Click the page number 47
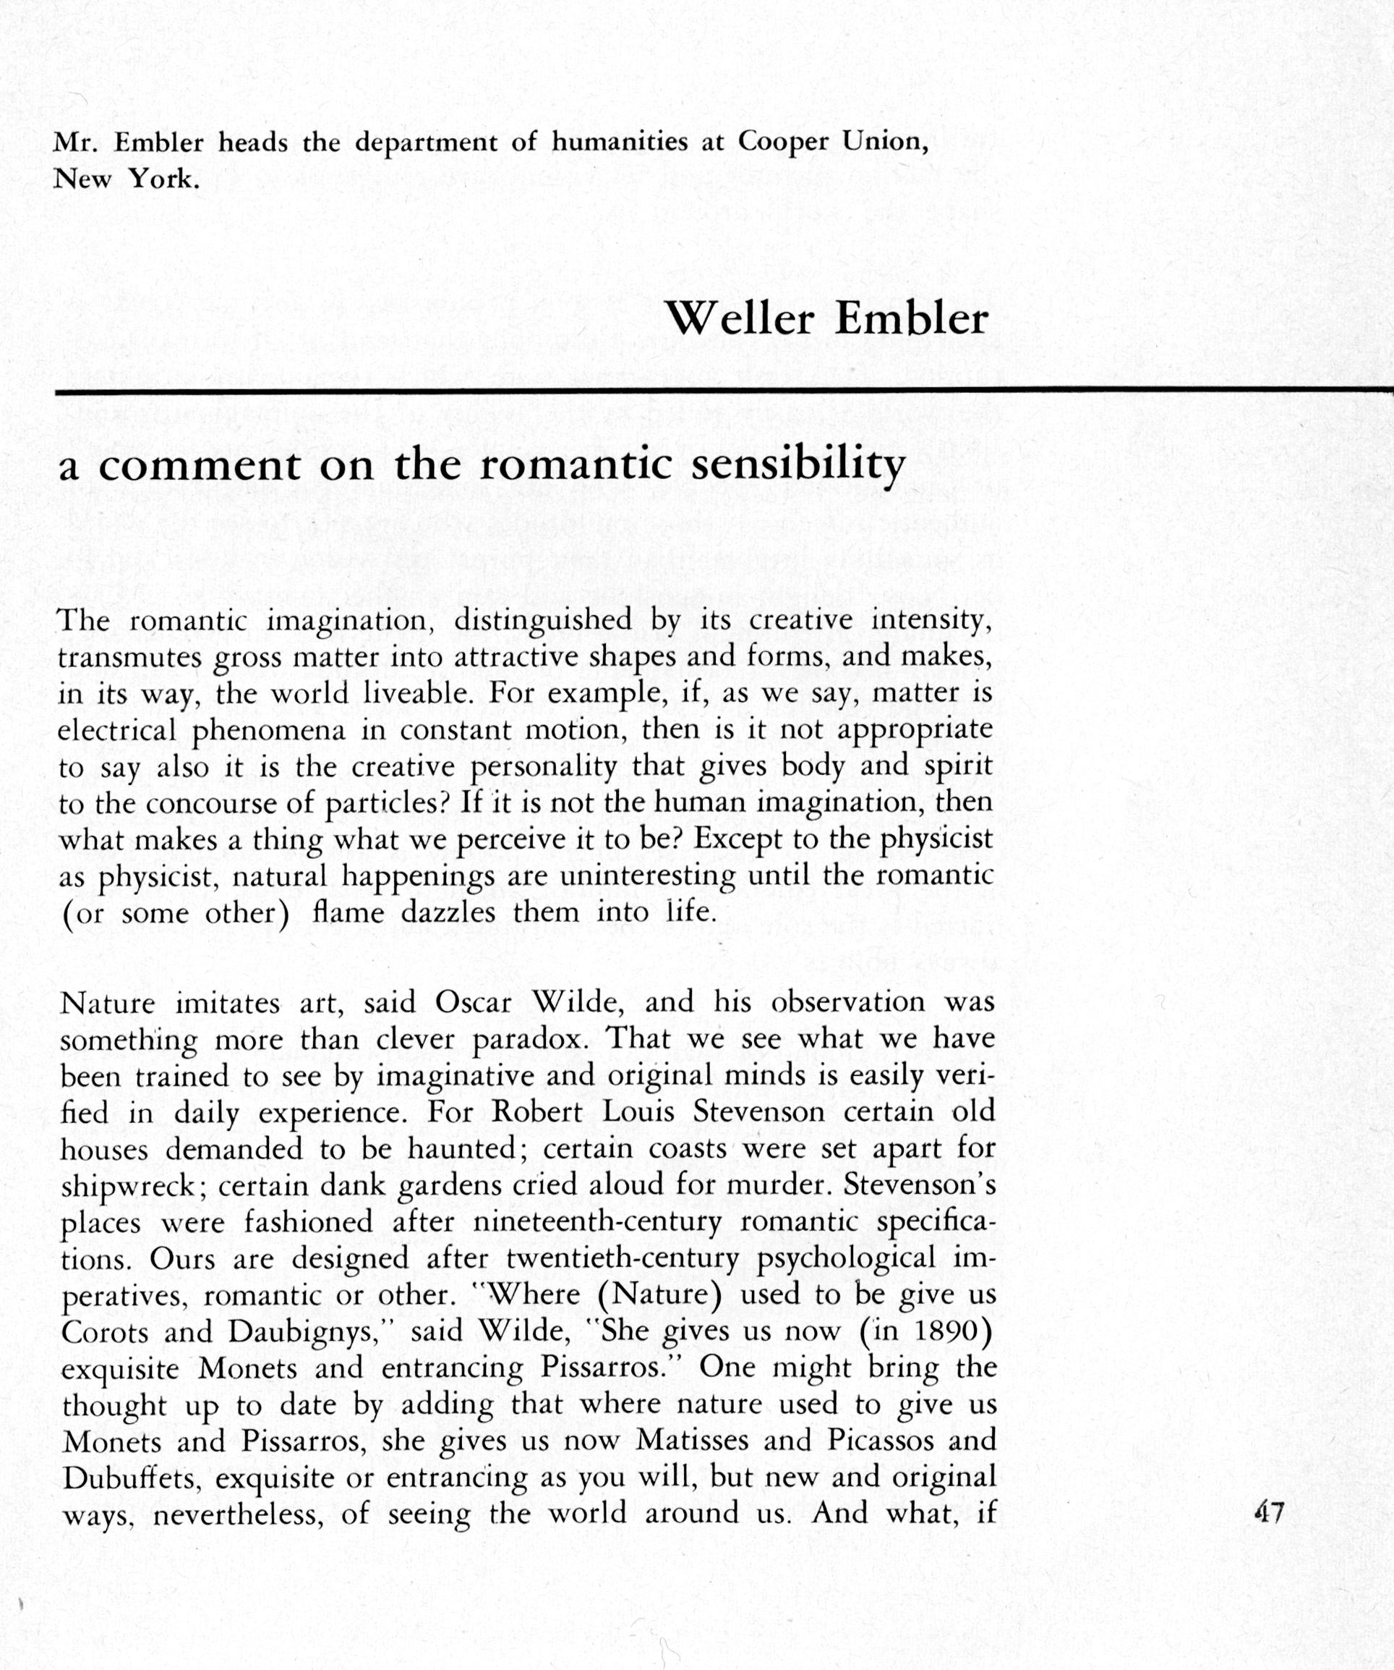coord(1268,1512)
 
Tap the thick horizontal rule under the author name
coord(715,390)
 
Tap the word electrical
coord(117,730)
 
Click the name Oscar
coord(473,1003)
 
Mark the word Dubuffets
coord(130,1477)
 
